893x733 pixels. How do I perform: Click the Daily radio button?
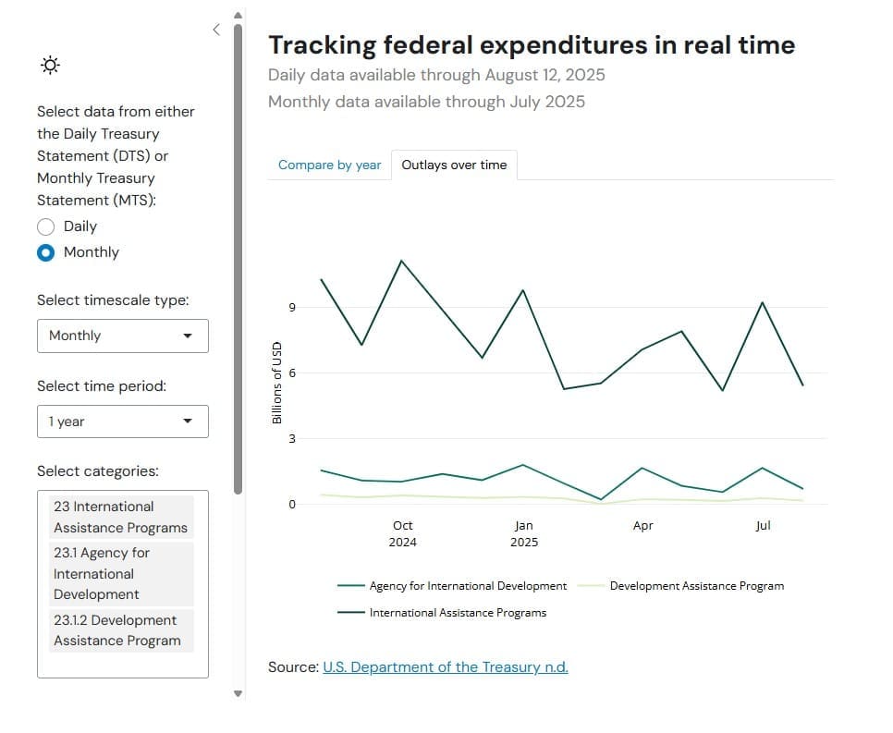(x=46, y=226)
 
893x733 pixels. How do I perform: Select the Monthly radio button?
(x=46, y=252)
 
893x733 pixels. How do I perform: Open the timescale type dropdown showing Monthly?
(x=123, y=336)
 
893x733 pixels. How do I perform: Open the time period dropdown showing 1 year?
(x=123, y=421)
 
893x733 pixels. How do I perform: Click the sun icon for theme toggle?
(x=51, y=65)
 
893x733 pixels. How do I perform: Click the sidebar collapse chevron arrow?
(x=216, y=30)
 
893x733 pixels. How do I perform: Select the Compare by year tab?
(x=329, y=165)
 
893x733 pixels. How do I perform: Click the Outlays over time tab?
(x=454, y=165)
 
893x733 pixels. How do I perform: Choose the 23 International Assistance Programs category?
(x=120, y=517)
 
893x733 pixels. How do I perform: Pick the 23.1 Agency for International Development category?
(x=120, y=573)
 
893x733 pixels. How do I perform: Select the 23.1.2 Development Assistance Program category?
(x=120, y=630)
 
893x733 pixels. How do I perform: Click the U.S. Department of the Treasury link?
(x=445, y=666)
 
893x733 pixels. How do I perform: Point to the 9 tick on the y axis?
(x=291, y=308)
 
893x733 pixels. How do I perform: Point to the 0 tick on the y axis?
(x=291, y=505)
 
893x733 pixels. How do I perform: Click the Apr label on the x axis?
(x=642, y=525)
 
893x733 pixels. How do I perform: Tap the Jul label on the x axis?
(x=763, y=525)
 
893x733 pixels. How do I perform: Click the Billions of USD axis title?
(x=275, y=383)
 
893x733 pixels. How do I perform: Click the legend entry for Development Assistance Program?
(x=696, y=586)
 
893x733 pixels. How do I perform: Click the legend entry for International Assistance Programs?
(x=457, y=613)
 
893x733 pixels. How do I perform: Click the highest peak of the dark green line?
(x=401, y=261)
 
